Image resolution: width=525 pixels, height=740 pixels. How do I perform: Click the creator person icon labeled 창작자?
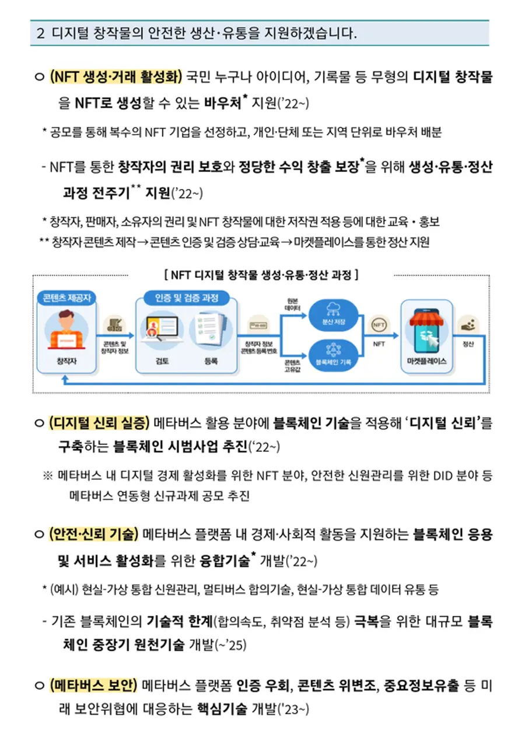tap(65, 331)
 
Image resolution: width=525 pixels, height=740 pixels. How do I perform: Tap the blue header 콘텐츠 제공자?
tap(66, 298)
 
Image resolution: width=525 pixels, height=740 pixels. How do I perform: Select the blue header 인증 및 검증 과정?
tap(187, 298)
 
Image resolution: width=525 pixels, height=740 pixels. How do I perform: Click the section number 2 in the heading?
tap(40, 33)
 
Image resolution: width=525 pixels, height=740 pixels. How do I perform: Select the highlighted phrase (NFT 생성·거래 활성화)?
tap(116, 76)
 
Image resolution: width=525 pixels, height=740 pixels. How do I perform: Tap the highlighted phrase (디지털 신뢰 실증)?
tap(100, 423)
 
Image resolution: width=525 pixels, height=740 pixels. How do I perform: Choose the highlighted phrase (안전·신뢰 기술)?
tap(94, 534)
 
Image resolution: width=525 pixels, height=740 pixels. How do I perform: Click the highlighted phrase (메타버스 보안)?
tap(93, 684)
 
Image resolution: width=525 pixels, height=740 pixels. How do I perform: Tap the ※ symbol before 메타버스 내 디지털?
tap(47, 476)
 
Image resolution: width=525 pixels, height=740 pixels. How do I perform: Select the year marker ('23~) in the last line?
tap(295, 710)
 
